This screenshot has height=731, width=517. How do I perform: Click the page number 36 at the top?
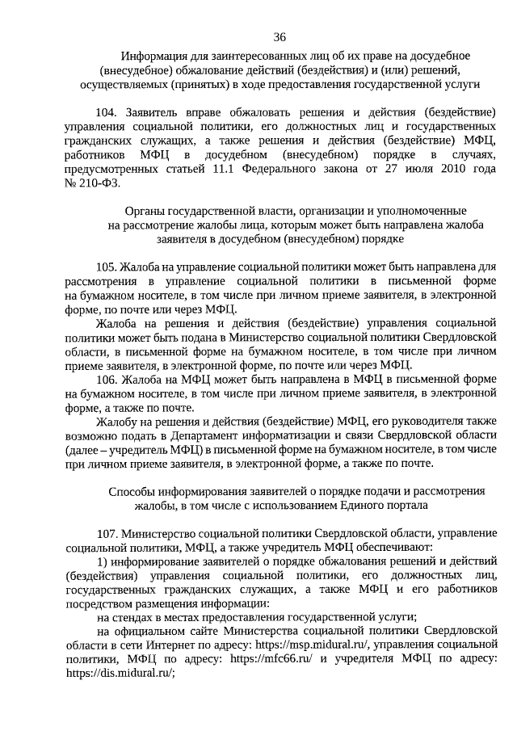(280, 37)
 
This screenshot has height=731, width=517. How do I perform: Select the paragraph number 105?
(107, 266)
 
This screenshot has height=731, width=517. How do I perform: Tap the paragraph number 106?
(107, 379)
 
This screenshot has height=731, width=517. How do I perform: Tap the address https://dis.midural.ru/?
(120, 674)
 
